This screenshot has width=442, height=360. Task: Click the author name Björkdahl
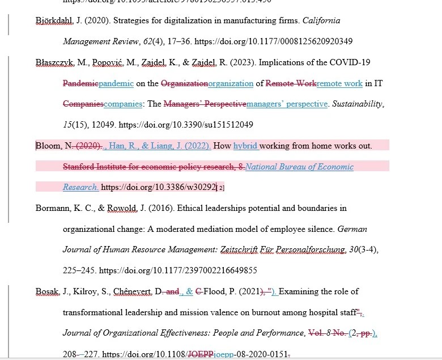(50, 21)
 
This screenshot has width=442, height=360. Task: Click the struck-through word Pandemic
(80, 83)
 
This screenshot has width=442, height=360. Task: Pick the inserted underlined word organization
(231, 83)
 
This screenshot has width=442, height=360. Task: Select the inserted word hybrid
(245, 146)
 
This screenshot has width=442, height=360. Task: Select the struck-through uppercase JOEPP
(201, 354)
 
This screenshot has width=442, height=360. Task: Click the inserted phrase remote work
(339, 83)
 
